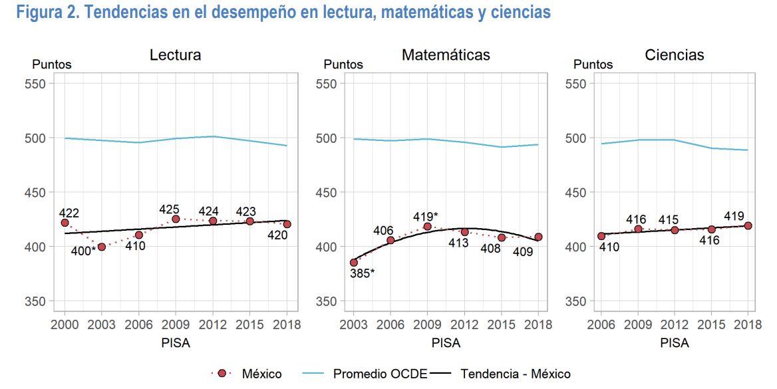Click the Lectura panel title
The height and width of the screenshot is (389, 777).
(x=175, y=55)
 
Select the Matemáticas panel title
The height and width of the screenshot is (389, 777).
(x=446, y=55)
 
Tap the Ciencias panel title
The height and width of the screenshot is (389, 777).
(x=674, y=55)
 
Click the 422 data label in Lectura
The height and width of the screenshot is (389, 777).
(x=69, y=213)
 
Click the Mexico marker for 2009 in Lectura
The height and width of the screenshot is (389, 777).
(x=176, y=219)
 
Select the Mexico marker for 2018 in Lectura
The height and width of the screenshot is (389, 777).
(x=287, y=224)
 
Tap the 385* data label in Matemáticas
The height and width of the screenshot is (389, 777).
(x=362, y=273)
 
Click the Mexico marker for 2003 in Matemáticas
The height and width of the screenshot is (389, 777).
(x=353, y=263)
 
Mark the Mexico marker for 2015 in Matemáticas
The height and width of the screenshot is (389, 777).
(x=502, y=237)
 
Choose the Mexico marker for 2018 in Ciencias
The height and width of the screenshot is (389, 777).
(x=748, y=225)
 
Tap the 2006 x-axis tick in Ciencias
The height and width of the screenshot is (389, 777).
(x=601, y=325)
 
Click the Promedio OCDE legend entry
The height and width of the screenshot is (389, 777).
(x=380, y=374)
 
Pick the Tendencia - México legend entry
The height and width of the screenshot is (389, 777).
(x=515, y=374)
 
